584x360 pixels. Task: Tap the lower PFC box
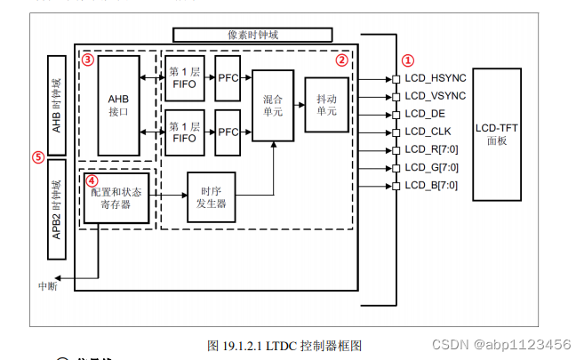point(228,132)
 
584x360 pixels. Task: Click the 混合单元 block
point(272,105)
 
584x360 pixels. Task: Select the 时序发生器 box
point(211,196)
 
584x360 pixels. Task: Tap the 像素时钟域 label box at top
point(252,35)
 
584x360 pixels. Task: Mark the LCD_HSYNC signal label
point(436,78)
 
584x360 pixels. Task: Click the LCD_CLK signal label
point(428,132)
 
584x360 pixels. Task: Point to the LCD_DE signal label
point(425,114)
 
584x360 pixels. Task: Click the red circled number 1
point(407,60)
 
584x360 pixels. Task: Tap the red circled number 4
point(92,179)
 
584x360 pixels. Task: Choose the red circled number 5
point(37,156)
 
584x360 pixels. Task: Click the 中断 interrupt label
point(48,286)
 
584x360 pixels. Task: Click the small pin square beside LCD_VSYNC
point(396,96)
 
